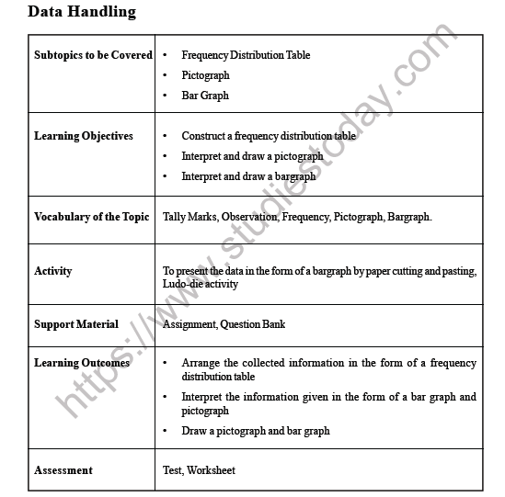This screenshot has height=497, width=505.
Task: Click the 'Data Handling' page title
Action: tap(82, 12)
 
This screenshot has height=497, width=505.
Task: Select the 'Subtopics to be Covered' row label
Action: tap(93, 55)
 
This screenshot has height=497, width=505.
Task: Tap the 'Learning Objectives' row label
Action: tap(84, 136)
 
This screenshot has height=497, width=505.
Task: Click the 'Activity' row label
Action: tap(52, 271)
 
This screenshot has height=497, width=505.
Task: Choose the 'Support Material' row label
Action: tap(76, 323)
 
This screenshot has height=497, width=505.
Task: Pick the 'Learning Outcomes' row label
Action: tap(82, 363)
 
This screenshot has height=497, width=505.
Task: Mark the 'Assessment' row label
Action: tap(63, 470)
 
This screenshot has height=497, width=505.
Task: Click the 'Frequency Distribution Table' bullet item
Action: tap(246, 55)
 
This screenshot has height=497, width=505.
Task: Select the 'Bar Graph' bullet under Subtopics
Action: tap(205, 96)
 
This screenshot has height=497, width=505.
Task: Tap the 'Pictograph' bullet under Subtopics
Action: tap(206, 75)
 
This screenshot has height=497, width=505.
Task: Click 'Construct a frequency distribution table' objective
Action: tap(269, 136)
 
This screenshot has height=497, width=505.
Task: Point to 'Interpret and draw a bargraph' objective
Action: tap(248, 176)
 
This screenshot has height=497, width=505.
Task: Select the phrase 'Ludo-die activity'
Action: tap(201, 284)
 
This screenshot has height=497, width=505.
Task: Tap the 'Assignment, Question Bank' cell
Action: tap(224, 323)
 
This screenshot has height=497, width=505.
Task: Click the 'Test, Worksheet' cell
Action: tap(199, 470)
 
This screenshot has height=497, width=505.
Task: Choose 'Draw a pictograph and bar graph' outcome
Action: tap(255, 430)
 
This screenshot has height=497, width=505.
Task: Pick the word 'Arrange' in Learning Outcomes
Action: tap(201, 363)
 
